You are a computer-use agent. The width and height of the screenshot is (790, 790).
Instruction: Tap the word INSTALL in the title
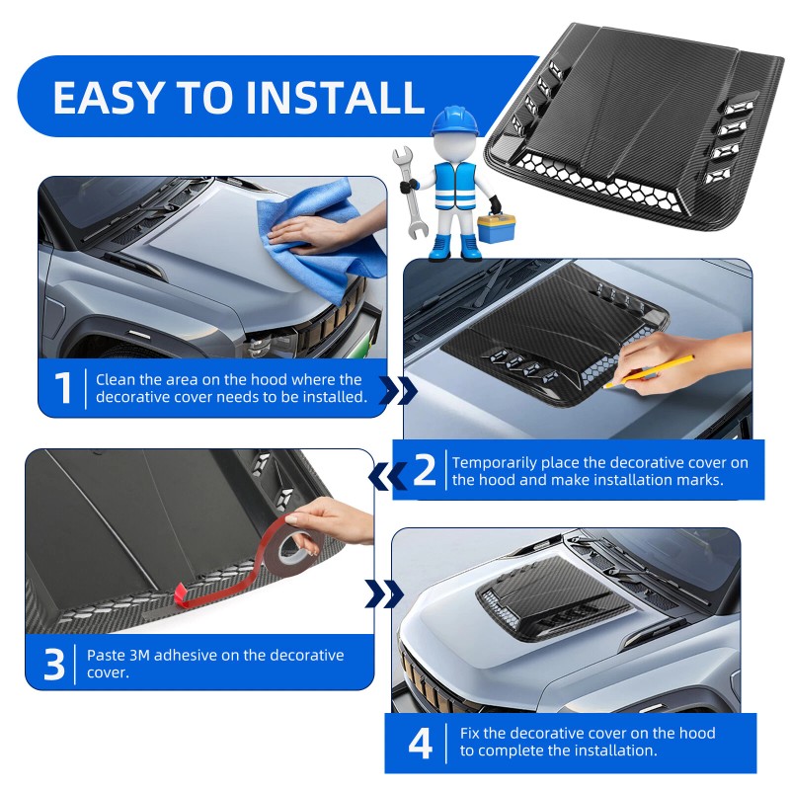pyautogui.click(x=335, y=97)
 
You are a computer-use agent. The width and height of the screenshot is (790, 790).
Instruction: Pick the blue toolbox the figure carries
pyautogui.click(x=497, y=228)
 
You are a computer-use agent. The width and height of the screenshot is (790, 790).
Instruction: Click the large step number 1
pyautogui.click(x=63, y=388)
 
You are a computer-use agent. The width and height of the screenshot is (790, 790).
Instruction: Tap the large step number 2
pyautogui.click(x=425, y=470)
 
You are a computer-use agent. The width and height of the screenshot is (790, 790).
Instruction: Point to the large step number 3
pyautogui.click(x=54, y=664)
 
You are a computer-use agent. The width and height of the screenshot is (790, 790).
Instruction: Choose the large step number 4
pyautogui.click(x=421, y=744)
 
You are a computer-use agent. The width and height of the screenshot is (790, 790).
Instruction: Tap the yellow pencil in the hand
pyautogui.click(x=649, y=371)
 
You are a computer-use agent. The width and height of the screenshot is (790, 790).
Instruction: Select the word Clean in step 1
pyautogui.click(x=114, y=379)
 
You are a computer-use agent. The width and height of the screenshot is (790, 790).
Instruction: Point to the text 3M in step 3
pyautogui.click(x=139, y=655)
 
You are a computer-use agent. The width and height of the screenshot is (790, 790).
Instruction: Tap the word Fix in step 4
pyautogui.click(x=470, y=733)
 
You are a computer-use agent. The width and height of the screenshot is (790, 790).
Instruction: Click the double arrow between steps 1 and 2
pyautogui.click(x=398, y=390)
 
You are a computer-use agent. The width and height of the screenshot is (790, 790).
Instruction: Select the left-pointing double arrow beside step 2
pyautogui.click(x=387, y=476)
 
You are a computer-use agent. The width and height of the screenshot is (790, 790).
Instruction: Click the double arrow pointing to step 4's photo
pyautogui.click(x=384, y=593)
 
